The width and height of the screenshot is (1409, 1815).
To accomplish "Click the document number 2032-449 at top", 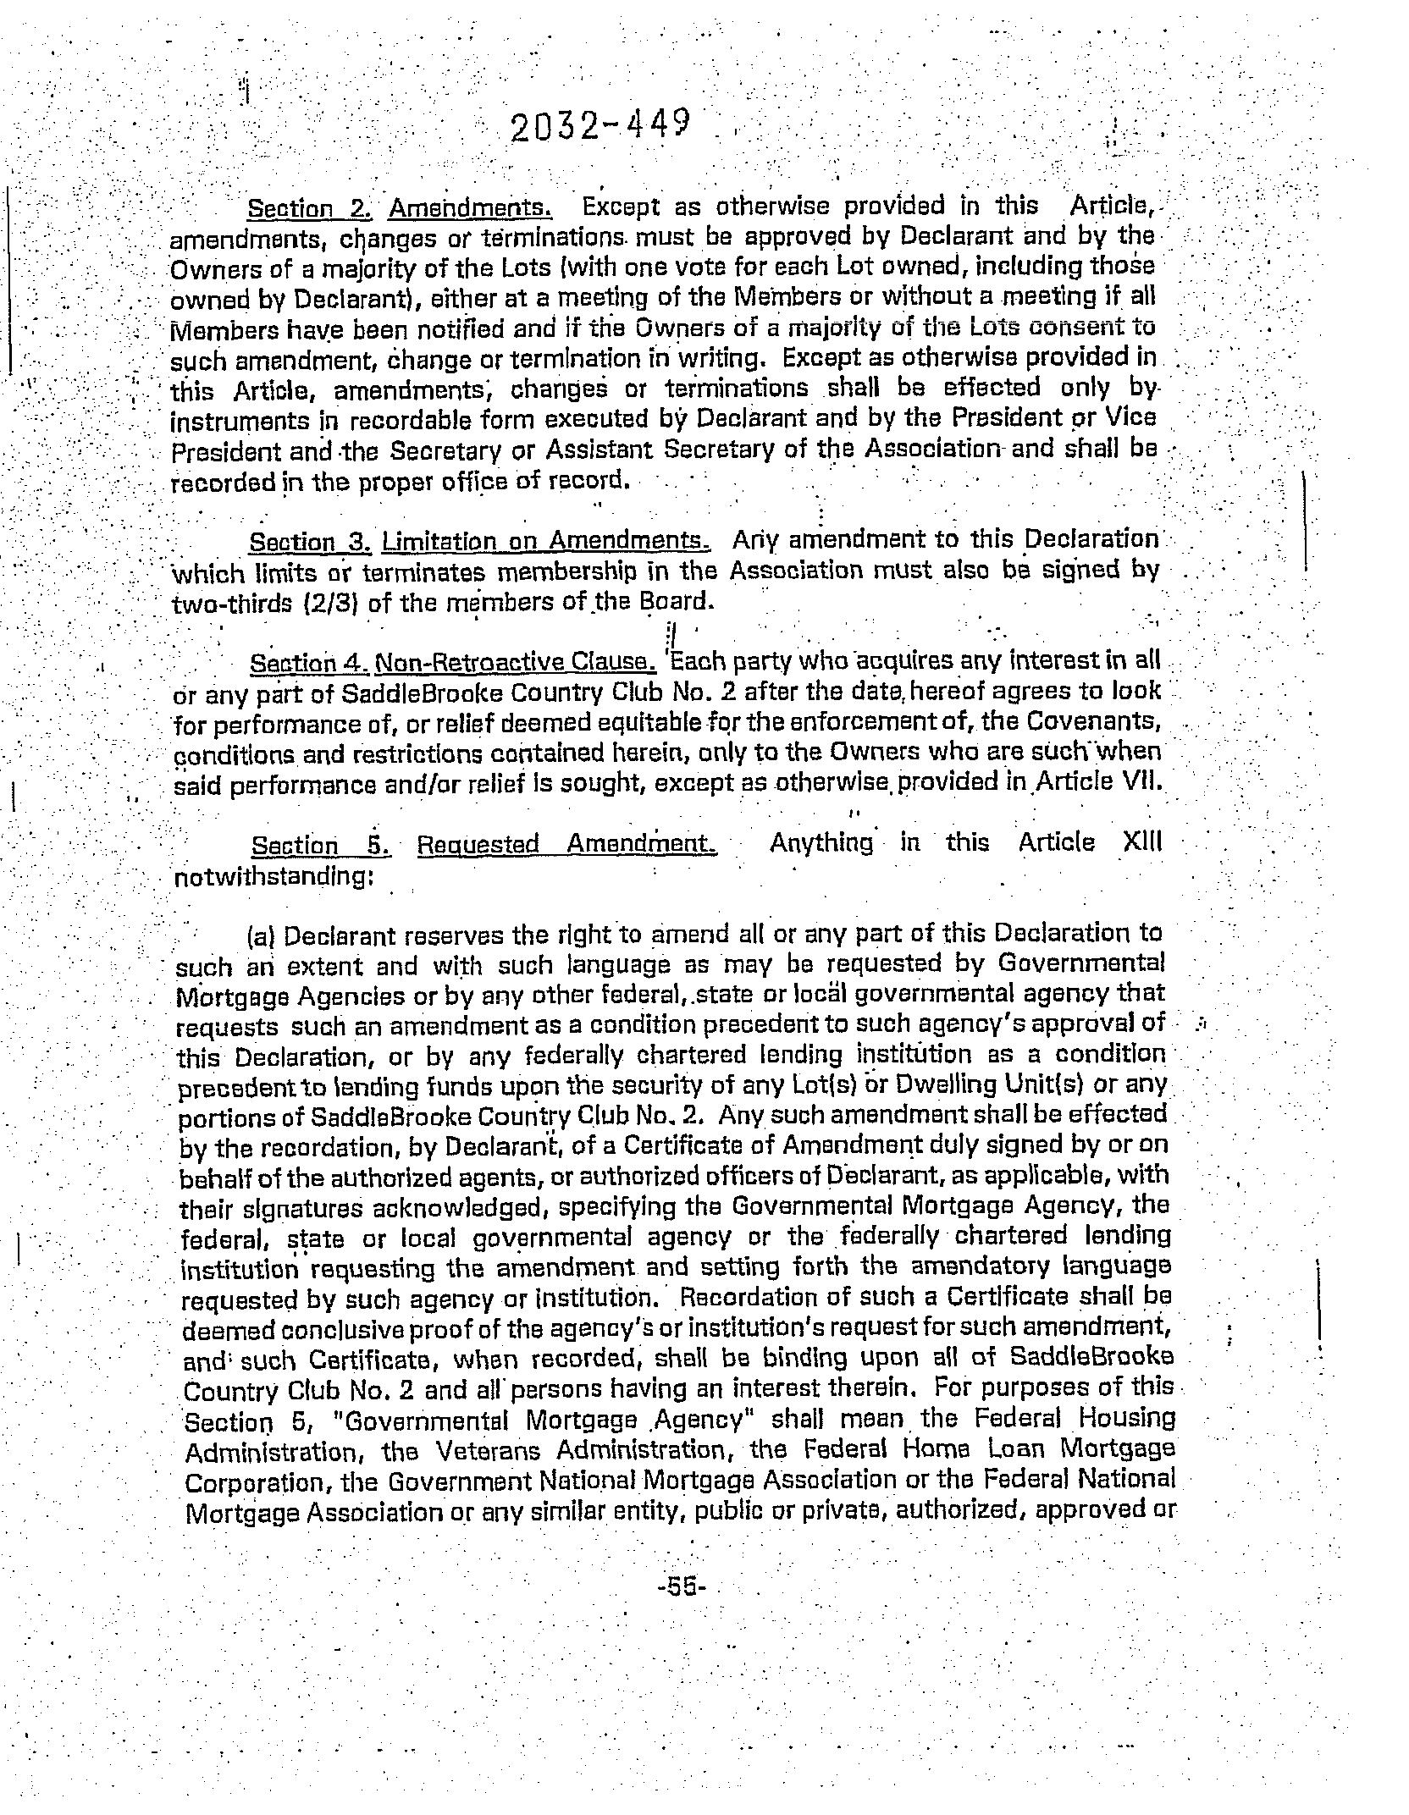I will tap(600, 128).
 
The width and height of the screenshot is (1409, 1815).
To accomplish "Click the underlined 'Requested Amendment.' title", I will tap(567, 845).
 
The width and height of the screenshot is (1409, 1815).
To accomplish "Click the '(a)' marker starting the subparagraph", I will tap(262, 936).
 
